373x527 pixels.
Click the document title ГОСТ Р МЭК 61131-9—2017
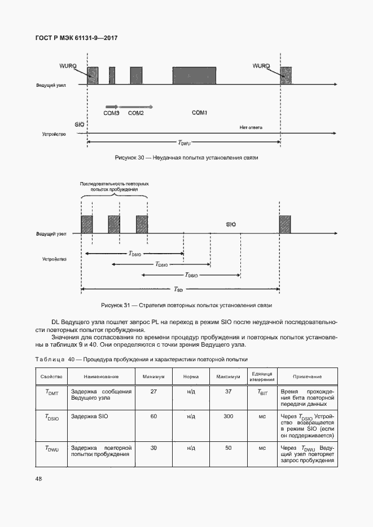pos(77,38)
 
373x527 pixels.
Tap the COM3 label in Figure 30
pos(111,113)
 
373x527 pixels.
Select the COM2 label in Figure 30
pos(136,113)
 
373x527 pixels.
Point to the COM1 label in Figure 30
pos(200,113)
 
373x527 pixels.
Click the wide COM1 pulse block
pos(194,76)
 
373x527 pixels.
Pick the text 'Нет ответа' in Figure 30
pos(251,127)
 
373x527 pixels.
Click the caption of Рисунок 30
pos(186,158)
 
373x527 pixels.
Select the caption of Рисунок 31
pos(186,305)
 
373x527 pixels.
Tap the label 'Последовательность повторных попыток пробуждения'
pos(115,187)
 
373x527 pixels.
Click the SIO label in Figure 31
pos(231,224)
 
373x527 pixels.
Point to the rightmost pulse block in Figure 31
pos(285,224)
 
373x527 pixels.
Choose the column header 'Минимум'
pos(153,377)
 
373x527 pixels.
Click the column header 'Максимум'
pos(229,377)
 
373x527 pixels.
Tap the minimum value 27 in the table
pos(153,392)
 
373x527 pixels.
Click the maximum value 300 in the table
pos(229,417)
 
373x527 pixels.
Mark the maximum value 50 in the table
pos(229,449)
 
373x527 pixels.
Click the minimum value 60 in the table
pos(153,417)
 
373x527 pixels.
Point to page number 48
pos(39,479)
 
